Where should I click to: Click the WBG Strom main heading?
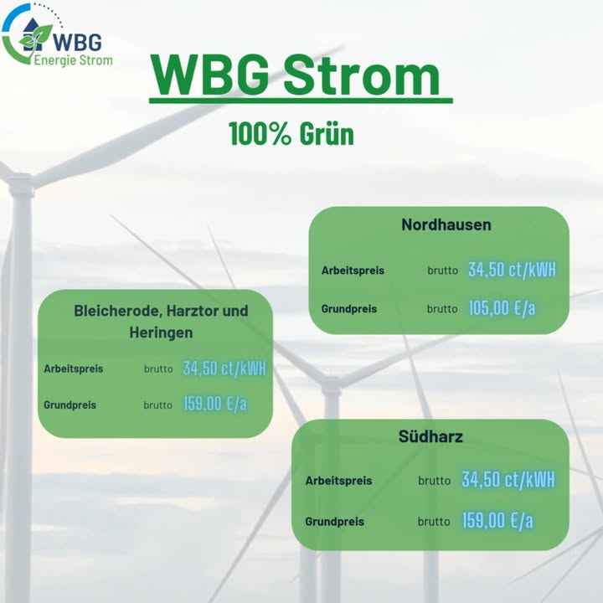pos(296,75)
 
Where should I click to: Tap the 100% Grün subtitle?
pos(291,133)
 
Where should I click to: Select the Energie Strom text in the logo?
pos(73,60)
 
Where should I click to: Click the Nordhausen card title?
pos(446,224)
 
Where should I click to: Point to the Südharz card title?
pos(430,436)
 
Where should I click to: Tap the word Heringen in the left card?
pos(161,332)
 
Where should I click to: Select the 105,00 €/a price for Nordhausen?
pos(502,308)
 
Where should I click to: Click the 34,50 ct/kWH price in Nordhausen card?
pos(512,270)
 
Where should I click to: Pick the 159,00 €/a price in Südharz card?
pos(497,521)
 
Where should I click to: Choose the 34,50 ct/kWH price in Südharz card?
pos(508,480)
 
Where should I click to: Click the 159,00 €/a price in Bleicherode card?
pos(215,405)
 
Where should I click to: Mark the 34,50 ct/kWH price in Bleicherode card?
pos(224,368)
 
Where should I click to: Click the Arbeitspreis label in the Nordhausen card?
pos(353,271)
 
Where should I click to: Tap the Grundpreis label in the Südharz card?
pos(334,522)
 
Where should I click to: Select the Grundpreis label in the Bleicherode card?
pos(70,405)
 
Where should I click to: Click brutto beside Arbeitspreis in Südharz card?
pos(434,481)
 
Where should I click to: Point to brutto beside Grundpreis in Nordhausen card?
pos(442,309)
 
